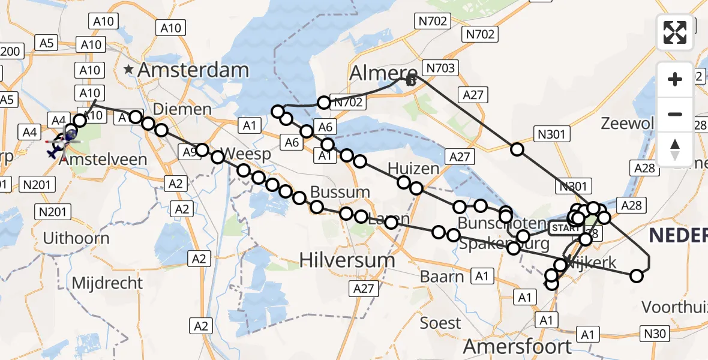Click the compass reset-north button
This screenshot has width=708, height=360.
[x=675, y=150]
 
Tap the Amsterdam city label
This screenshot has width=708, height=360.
[x=193, y=70]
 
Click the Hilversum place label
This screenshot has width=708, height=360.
[x=347, y=260]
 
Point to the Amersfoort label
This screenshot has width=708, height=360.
[x=517, y=346]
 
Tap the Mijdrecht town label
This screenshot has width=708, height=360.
[x=107, y=283]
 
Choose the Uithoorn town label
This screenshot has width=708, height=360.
[x=76, y=238]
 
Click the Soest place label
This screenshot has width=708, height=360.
[x=440, y=323]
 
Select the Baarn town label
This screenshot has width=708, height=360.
[x=442, y=277]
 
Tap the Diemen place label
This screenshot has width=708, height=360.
[x=182, y=109]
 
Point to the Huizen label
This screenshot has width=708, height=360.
[x=413, y=169]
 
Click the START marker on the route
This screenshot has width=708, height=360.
[x=562, y=228]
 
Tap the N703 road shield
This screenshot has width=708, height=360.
[x=440, y=68]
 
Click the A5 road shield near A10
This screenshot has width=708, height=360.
[x=47, y=43]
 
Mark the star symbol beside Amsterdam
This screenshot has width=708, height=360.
[x=128, y=70]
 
